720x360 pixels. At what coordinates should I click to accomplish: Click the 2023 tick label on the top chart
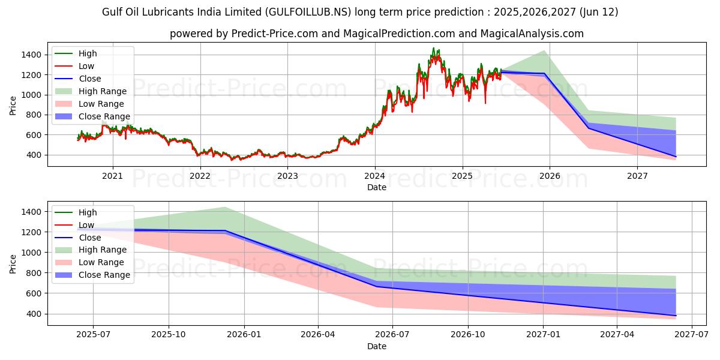[x=287, y=176]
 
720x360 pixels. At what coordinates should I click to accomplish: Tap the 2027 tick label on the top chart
[x=637, y=176]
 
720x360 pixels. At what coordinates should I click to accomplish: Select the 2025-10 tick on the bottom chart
[x=169, y=335]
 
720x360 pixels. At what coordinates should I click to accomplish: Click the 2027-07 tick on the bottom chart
[x=692, y=335]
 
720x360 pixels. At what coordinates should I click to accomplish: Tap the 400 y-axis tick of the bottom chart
[x=34, y=314]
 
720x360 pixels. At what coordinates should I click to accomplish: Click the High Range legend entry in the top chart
[x=102, y=91]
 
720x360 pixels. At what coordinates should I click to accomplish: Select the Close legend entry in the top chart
[x=89, y=79]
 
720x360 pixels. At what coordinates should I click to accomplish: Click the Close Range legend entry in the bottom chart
[x=104, y=275]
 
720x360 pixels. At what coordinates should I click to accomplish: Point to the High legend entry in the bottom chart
[x=87, y=212]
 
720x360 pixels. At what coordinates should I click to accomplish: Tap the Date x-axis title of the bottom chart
[x=377, y=346]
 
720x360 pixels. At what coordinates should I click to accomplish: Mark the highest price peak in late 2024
[x=433, y=49]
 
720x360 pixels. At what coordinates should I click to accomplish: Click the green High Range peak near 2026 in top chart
[x=544, y=50]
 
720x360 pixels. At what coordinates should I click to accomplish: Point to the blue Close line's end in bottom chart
[x=676, y=316]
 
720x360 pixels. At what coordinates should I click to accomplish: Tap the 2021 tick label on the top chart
[x=112, y=176]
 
